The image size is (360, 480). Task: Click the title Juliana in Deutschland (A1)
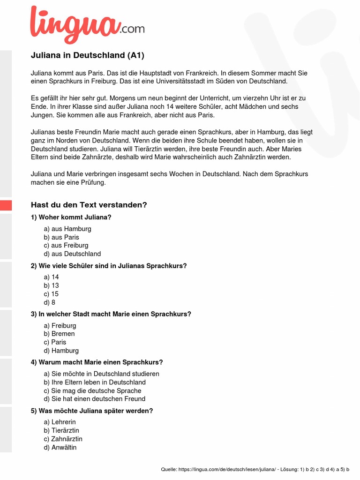pyautogui.click(x=88, y=55)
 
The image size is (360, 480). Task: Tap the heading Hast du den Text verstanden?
pyautogui.click(x=89, y=205)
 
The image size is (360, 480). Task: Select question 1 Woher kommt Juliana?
pyautogui.click(x=71, y=217)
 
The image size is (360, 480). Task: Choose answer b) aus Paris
pyautogui.click(x=61, y=237)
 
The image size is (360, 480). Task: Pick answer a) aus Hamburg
pyautogui.click(x=67, y=229)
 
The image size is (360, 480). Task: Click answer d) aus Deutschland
pyautogui.click(x=72, y=254)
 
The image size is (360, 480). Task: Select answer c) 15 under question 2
pyautogui.click(x=52, y=294)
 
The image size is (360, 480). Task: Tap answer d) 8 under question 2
pyautogui.click(x=50, y=302)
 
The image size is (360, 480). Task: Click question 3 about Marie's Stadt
pyautogui.click(x=111, y=314)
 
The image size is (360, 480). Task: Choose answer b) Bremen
pyautogui.click(x=60, y=334)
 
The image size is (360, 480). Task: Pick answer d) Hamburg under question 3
pyautogui.click(x=61, y=351)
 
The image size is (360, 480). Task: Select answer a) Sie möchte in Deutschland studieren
pyautogui.click(x=102, y=374)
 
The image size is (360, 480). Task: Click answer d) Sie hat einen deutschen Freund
pyautogui.click(x=95, y=399)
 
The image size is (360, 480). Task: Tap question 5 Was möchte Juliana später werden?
pyautogui.click(x=92, y=411)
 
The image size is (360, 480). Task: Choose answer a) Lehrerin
pyautogui.click(x=60, y=422)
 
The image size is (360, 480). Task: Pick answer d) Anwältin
pyautogui.click(x=60, y=447)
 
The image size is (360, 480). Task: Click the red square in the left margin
pyautogui.click(x=6, y=205)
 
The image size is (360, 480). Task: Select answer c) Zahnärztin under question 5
pyautogui.click(x=63, y=439)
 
